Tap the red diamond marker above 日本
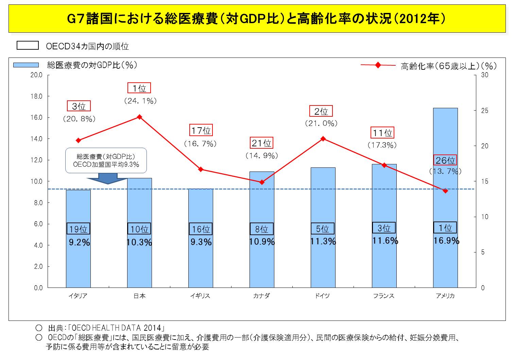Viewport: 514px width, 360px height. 139,117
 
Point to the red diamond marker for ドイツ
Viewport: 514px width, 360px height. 323,138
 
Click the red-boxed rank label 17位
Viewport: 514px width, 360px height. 201,130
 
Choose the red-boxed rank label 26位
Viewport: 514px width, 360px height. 445,160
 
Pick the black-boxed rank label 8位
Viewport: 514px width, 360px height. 262,229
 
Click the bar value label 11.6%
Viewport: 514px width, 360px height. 385,241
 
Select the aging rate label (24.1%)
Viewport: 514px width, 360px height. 140,101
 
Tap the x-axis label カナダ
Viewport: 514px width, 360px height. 261,296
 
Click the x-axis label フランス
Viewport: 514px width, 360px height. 384,296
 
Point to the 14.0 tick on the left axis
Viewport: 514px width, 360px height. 36,139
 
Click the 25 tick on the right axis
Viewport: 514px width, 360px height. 484,111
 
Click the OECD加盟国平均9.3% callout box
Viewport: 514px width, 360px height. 106,160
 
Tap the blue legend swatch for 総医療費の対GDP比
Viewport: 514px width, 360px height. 26,65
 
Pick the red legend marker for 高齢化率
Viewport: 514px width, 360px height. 378,65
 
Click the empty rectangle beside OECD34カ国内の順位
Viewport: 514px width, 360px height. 28,46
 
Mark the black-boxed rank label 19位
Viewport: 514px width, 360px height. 78,229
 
